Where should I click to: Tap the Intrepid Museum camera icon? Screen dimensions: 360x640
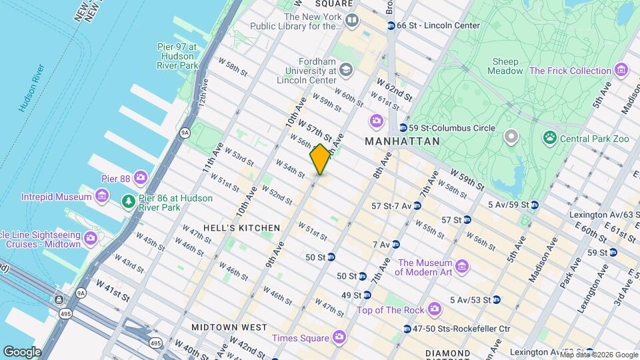102,197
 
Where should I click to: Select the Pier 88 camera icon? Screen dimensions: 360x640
140,177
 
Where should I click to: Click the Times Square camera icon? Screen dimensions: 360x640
339,337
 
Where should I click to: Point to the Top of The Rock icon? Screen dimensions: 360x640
435,309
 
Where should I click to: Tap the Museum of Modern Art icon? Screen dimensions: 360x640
463,267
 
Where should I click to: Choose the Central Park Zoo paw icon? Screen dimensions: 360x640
550,139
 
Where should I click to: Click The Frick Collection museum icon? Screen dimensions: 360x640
621,70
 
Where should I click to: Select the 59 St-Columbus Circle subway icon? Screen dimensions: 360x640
403,128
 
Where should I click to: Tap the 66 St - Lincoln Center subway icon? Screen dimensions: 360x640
391,26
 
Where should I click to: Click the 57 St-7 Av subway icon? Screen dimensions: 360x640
417,205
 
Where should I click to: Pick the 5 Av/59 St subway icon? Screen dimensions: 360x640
535,205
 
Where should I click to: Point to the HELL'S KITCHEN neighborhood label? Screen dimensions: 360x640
241,228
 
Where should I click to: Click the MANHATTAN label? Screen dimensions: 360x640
402,141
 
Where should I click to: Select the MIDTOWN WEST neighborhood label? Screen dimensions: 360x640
229,327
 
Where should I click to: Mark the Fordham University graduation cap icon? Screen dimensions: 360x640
345,69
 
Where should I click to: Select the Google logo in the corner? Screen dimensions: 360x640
22,351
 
